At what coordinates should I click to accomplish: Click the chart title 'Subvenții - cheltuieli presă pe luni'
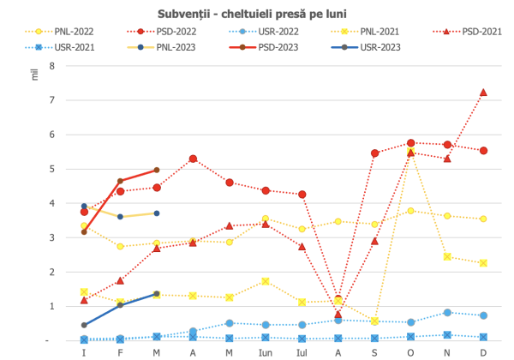(x=252, y=14)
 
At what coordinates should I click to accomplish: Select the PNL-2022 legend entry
(x=59, y=32)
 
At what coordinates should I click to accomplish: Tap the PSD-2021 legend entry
(x=468, y=32)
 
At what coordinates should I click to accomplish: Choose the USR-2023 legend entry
(x=366, y=47)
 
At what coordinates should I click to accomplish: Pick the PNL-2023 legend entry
(x=161, y=47)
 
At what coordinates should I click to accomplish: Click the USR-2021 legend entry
(x=60, y=47)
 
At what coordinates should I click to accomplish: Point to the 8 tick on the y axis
(x=52, y=66)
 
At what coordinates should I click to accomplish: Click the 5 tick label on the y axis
(x=52, y=169)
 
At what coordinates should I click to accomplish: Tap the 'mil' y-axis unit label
(x=35, y=75)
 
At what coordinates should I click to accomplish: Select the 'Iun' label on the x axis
(x=266, y=353)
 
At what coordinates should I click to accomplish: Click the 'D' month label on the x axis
(x=483, y=353)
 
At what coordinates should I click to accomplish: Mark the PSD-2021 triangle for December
(x=483, y=93)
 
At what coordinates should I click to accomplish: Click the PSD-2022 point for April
(x=193, y=159)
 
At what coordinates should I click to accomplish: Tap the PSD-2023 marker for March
(x=157, y=170)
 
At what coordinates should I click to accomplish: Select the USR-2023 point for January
(x=84, y=325)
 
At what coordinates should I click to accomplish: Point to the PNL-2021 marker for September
(x=374, y=321)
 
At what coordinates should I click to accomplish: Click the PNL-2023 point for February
(x=120, y=217)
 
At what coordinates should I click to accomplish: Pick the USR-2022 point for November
(x=447, y=313)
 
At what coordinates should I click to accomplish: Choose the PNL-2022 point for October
(x=410, y=211)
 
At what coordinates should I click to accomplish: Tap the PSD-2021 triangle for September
(x=374, y=242)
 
